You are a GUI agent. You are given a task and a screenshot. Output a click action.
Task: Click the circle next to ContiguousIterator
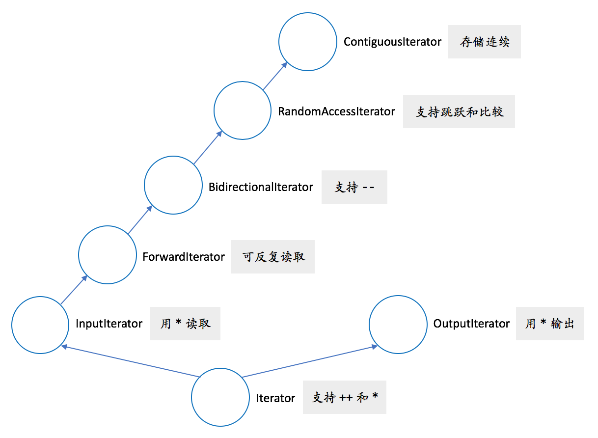(x=307, y=42)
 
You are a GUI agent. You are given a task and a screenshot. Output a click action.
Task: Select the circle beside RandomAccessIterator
(x=243, y=111)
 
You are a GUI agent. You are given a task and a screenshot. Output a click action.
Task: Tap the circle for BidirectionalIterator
(x=173, y=185)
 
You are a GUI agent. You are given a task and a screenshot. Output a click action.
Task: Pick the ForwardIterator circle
(x=108, y=255)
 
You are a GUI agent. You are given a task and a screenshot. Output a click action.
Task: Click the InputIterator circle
(x=40, y=325)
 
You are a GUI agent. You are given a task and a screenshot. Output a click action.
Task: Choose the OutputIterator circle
(x=398, y=324)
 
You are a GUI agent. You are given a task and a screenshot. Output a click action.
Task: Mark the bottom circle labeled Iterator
(x=220, y=397)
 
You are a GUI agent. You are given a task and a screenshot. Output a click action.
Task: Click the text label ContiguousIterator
(x=392, y=42)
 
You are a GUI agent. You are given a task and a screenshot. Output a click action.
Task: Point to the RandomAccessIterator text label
(x=336, y=111)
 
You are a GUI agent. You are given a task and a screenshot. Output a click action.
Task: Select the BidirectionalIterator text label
(x=261, y=187)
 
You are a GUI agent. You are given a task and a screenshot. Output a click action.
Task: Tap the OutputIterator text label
(x=471, y=324)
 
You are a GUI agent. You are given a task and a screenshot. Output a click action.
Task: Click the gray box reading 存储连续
(x=484, y=42)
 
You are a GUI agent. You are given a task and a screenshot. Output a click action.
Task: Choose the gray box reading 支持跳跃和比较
(x=459, y=112)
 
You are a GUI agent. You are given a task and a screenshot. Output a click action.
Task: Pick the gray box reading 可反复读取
(x=273, y=257)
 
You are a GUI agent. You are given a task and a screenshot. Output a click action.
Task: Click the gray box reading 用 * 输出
(x=549, y=324)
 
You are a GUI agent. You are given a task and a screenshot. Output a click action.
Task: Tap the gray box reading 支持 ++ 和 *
(x=345, y=397)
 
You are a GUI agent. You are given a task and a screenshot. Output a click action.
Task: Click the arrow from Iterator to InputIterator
(x=130, y=361)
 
